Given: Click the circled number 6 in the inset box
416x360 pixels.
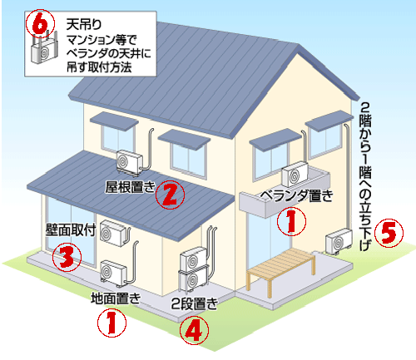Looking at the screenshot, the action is (40, 24).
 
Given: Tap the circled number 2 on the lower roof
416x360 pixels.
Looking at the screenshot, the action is (170, 195).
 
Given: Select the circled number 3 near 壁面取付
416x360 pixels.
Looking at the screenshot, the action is (67, 257).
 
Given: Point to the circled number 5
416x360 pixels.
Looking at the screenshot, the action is (389, 232).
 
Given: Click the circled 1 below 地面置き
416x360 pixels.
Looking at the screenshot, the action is (111, 323).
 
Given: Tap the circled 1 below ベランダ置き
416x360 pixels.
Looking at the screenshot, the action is (291, 221).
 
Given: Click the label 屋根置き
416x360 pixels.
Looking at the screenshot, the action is (130, 187).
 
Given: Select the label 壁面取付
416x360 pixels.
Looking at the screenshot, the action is (71, 229).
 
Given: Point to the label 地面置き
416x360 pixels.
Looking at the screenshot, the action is (116, 298).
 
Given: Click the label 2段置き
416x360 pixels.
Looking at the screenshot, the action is (194, 303).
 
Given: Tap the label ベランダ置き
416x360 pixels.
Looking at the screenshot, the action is (296, 195).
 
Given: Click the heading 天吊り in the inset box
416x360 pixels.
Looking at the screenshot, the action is (84, 25).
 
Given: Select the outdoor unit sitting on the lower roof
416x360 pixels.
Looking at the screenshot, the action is (129, 162).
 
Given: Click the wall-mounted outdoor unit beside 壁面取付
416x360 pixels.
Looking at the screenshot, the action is (112, 233).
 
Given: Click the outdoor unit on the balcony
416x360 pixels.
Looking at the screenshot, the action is (295, 174).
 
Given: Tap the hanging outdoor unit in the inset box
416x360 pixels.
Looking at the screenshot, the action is (44, 52).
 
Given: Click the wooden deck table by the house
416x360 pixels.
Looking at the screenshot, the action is (281, 272).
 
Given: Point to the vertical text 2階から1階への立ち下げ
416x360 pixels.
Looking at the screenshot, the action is (365, 176).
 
